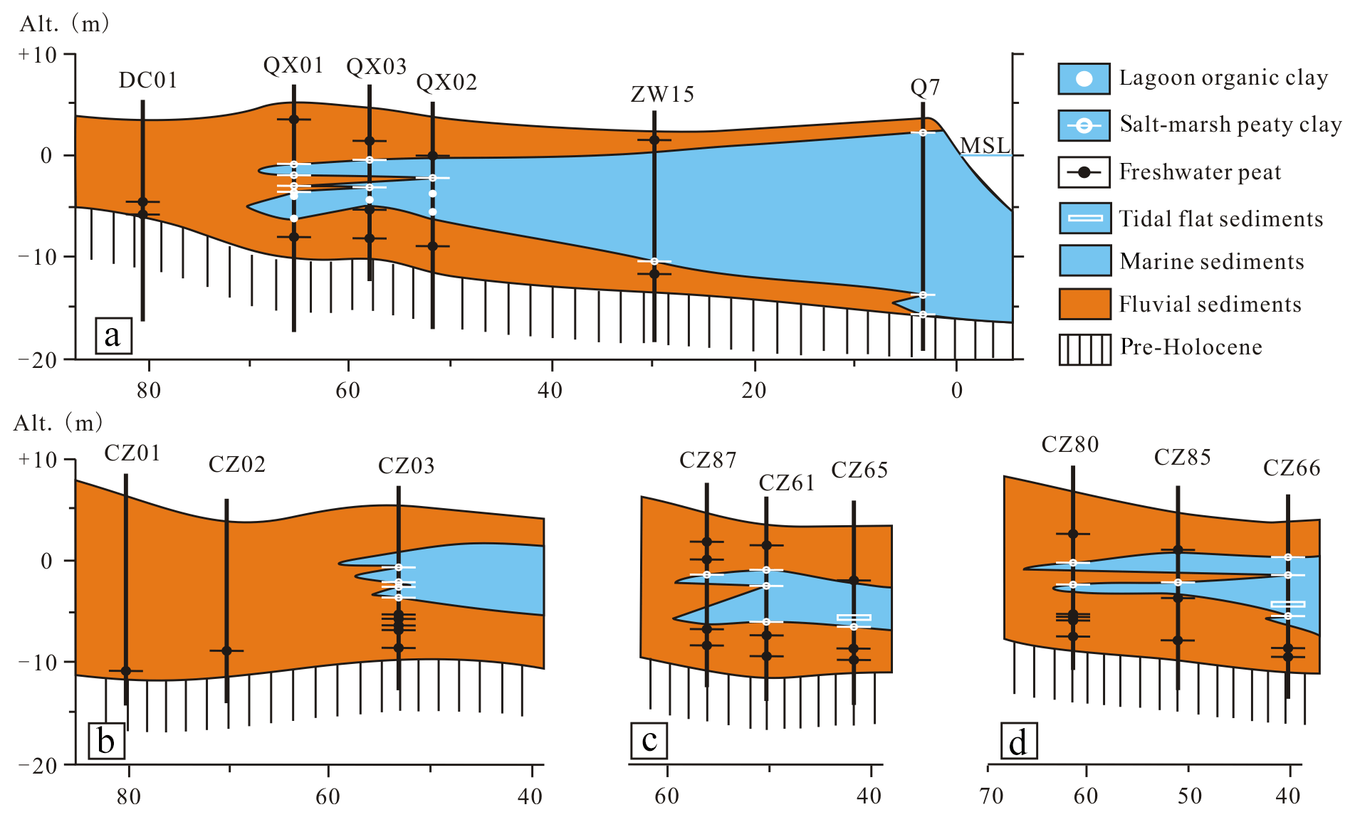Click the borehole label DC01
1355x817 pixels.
(147, 80)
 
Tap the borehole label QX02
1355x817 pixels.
(446, 83)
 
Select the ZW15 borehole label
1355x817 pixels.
(662, 94)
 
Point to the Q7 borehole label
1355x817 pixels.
(925, 88)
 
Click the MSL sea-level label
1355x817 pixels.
(985, 145)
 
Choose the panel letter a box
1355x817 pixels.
(113, 336)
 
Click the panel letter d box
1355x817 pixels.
(1018, 742)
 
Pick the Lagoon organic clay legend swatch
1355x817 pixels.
(1084, 79)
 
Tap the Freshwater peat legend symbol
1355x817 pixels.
(1084, 172)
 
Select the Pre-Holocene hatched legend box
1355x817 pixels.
(1084, 349)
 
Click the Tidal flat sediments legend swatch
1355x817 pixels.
(1084, 218)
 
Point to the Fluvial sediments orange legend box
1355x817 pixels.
(1084, 304)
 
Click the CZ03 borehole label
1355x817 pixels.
(406, 466)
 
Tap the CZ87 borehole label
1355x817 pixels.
(708, 461)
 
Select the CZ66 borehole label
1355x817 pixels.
(1292, 468)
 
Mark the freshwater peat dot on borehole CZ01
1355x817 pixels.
(126, 671)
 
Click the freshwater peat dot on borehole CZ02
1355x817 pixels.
(226, 650)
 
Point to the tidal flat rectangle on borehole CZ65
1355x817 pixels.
(854, 618)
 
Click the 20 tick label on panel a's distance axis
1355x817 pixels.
(753, 390)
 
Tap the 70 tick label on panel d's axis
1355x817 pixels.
(990, 795)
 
